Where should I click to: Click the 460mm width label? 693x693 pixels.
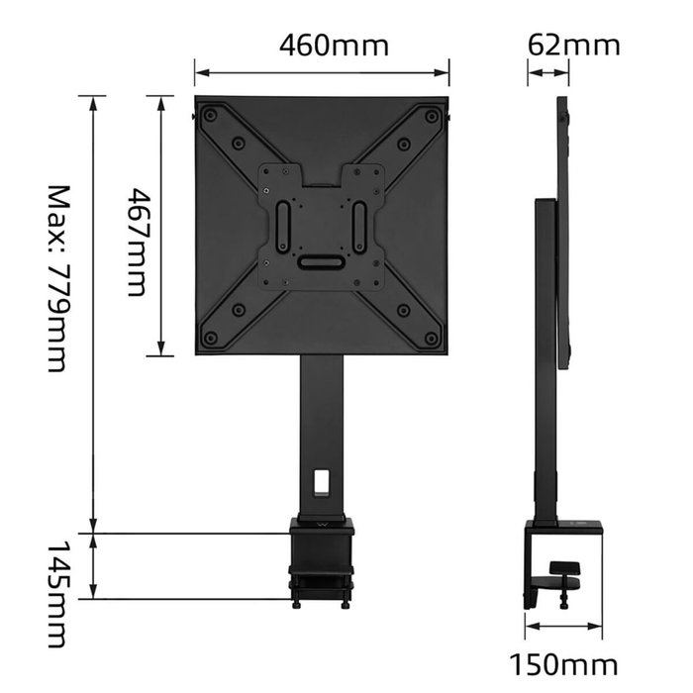coord(335,46)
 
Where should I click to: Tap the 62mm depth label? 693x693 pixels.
coord(574,46)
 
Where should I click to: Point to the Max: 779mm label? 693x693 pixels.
coord(58,279)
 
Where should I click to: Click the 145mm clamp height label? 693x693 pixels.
coord(57,594)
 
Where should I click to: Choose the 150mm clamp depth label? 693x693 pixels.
coord(563,664)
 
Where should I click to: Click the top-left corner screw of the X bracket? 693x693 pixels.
coord(210,116)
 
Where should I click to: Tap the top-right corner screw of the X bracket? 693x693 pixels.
coord(431,116)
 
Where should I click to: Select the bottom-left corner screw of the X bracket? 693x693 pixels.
coord(211,339)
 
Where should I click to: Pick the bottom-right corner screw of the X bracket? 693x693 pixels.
coord(431,339)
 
